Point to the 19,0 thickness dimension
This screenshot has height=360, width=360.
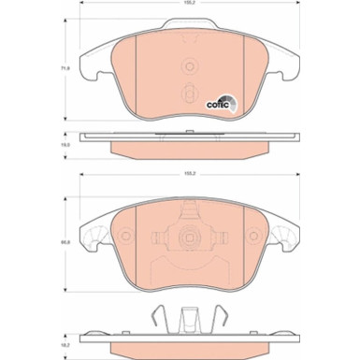pos(66,145)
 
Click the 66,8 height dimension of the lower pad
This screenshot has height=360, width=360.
pos(66,245)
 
